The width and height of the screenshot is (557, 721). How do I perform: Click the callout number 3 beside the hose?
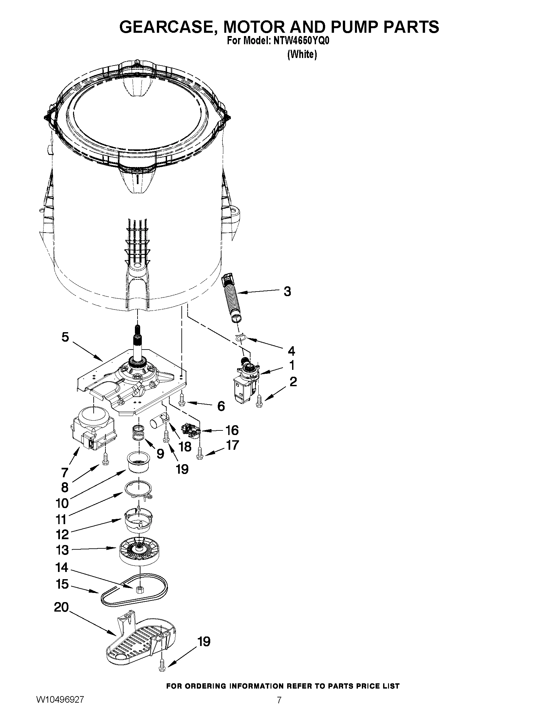[x=287, y=292]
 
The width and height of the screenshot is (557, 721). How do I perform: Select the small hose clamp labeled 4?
[x=241, y=337]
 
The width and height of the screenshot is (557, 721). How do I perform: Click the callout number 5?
[x=65, y=337]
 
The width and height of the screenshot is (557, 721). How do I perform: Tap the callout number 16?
[x=232, y=430]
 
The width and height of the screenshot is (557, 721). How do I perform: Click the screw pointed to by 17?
[x=200, y=454]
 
